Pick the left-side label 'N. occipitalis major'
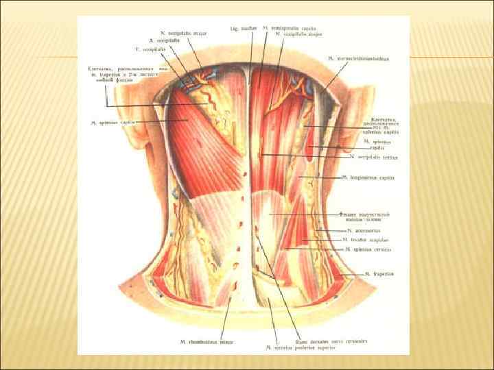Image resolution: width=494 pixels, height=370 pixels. pos(183,32)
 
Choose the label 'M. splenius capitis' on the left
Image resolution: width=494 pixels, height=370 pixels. pos(111,123)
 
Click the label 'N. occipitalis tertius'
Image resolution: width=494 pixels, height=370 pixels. pos(376,156)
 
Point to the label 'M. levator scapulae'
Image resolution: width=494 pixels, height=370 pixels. pos(365,241)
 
